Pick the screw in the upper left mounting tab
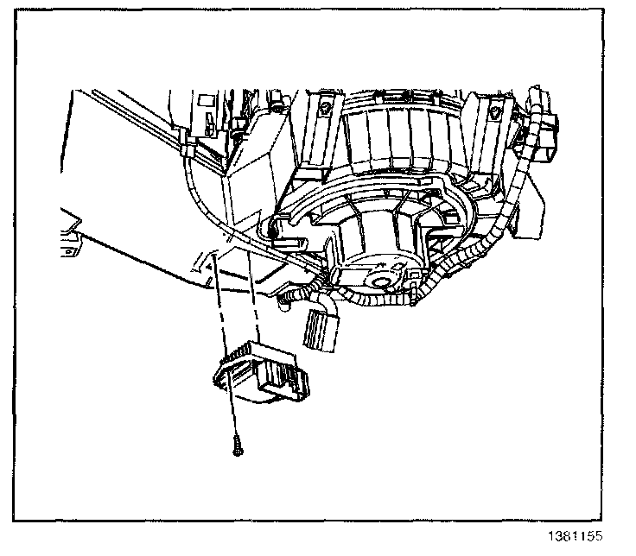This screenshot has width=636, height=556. pyautogui.click(x=324, y=108)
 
